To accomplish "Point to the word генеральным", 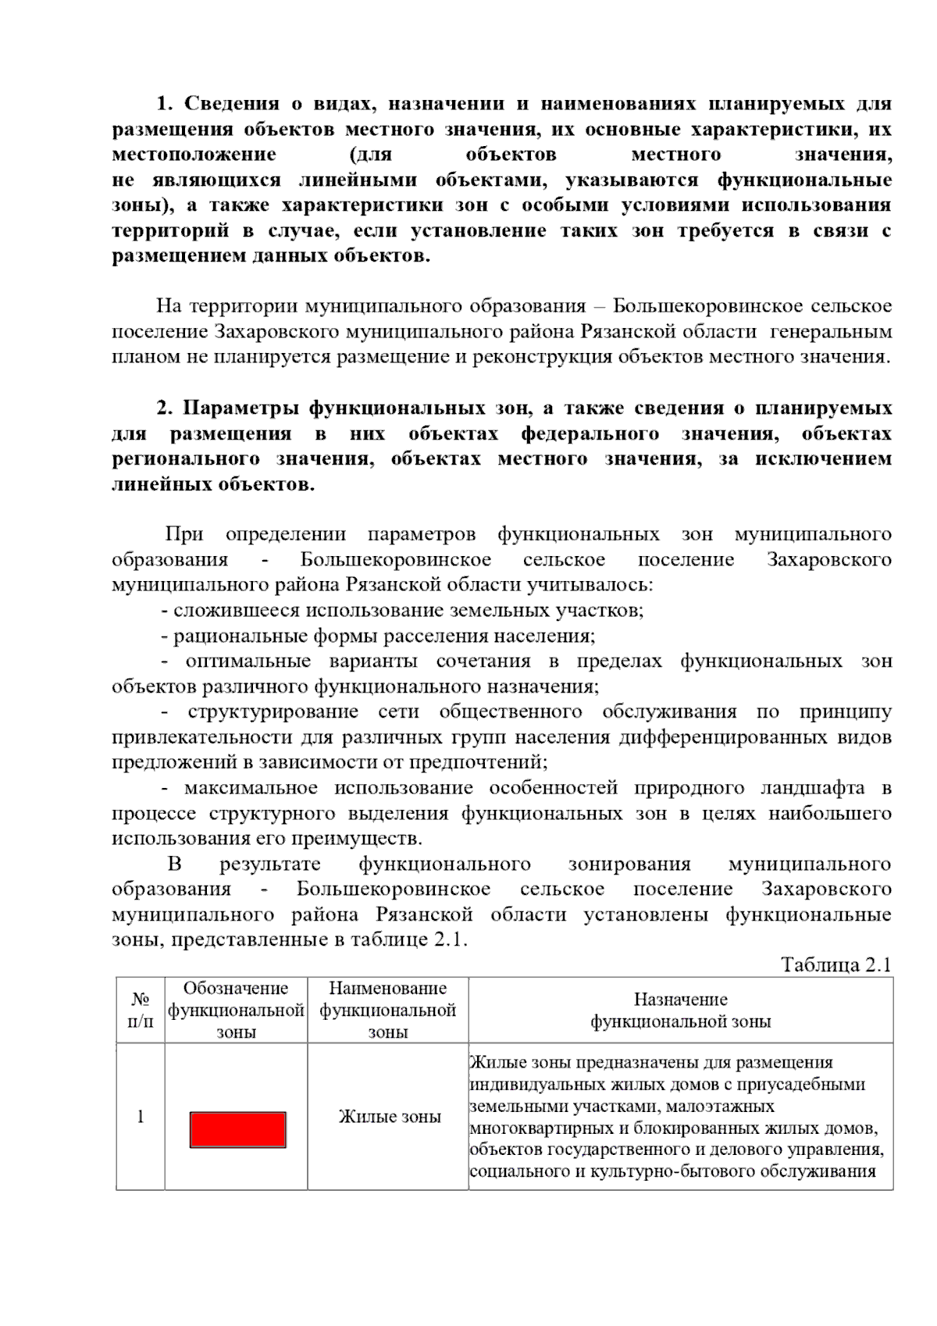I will (x=831, y=332).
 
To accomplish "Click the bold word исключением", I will (x=823, y=459).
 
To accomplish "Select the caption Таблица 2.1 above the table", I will (x=835, y=964).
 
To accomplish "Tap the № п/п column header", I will (x=141, y=1010).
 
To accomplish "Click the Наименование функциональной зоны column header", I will (x=388, y=1010).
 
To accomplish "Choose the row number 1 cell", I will (x=141, y=1117).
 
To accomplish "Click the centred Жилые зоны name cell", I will (x=389, y=1117).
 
